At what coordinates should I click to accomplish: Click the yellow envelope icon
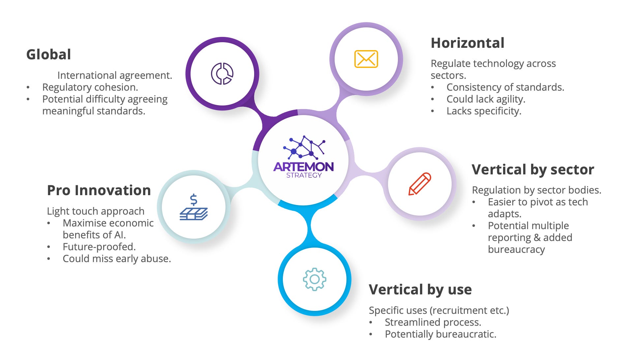[366, 59]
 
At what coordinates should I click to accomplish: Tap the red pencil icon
[420, 184]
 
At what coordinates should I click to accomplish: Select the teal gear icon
[314, 279]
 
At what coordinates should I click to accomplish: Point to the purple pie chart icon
[222, 74]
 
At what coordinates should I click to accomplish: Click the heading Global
[48, 55]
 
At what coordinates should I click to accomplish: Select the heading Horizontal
[467, 43]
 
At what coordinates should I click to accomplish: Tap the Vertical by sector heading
[533, 170]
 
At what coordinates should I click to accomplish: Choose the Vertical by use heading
[420, 289]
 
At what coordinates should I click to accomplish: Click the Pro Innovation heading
[99, 191]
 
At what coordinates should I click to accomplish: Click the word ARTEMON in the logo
[303, 167]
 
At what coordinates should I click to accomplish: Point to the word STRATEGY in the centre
[304, 175]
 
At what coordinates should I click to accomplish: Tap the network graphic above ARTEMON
[304, 147]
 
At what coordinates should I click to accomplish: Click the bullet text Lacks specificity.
[484, 111]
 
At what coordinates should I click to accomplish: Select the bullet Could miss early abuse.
[117, 259]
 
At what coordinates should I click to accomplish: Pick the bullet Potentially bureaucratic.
[440, 334]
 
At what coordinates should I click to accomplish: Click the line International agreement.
[114, 75]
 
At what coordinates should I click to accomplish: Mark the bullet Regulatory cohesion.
[90, 87]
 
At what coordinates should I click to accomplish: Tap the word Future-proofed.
[99, 247]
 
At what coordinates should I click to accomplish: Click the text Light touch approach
[96, 211]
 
